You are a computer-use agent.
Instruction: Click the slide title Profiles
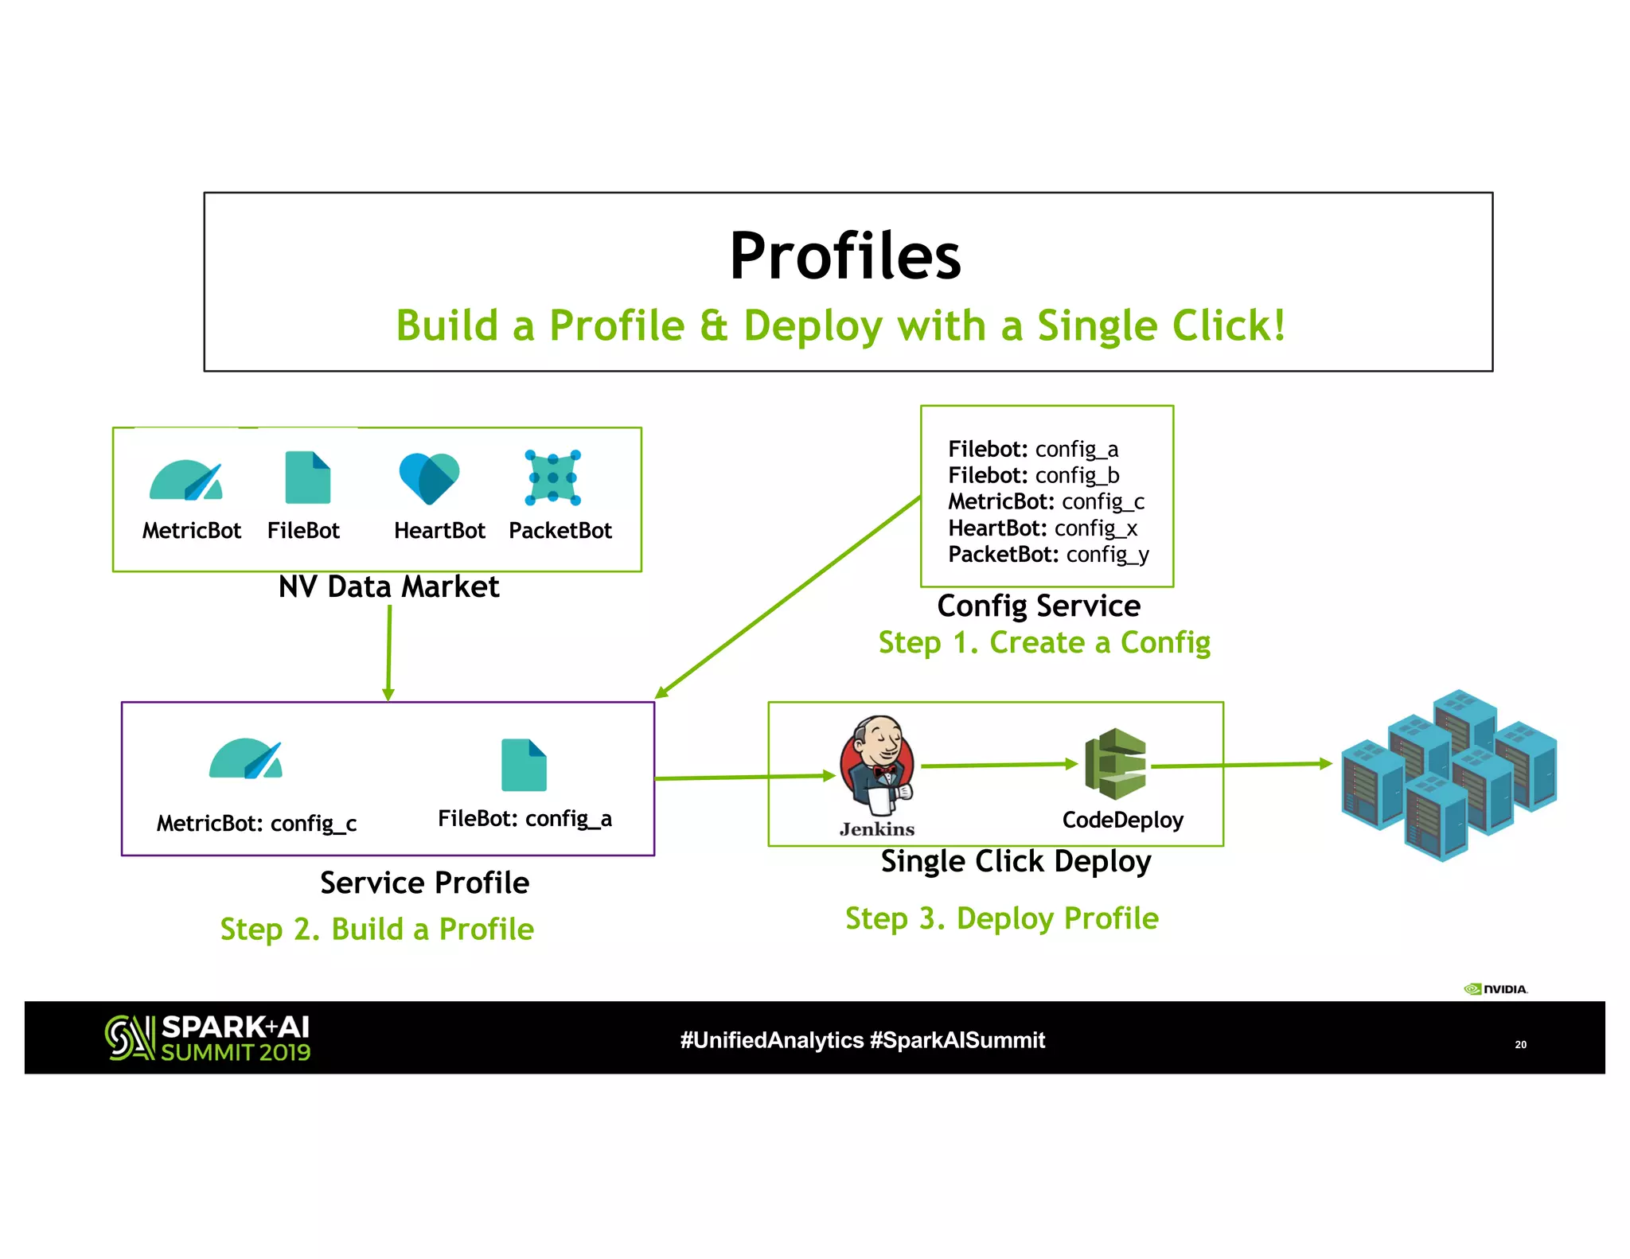[x=845, y=256]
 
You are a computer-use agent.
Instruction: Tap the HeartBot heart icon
[x=429, y=477]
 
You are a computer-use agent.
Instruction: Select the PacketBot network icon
[x=553, y=477]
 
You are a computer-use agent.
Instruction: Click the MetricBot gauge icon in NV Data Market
[x=186, y=481]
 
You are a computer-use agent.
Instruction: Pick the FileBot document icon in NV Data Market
[x=307, y=477]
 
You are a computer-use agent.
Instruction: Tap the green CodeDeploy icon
[x=1116, y=764]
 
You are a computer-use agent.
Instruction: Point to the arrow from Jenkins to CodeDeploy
[x=999, y=765]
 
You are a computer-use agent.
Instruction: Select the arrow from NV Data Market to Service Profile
[x=389, y=653]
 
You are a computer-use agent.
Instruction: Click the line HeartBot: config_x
[x=1043, y=528]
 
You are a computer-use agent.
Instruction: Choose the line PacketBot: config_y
[x=1048, y=555]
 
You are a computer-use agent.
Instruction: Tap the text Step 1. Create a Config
[x=1044, y=642]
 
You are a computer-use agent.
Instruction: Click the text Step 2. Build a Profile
[x=376, y=929]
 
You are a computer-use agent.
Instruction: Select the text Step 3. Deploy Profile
[x=1001, y=918]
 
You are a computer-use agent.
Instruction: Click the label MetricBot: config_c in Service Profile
[x=256, y=823]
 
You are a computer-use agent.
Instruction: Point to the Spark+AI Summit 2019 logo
[x=208, y=1038]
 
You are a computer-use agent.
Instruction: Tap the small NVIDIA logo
[x=1495, y=989]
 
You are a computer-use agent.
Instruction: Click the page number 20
[x=1520, y=1044]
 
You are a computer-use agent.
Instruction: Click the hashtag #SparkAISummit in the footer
[x=957, y=1040]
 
